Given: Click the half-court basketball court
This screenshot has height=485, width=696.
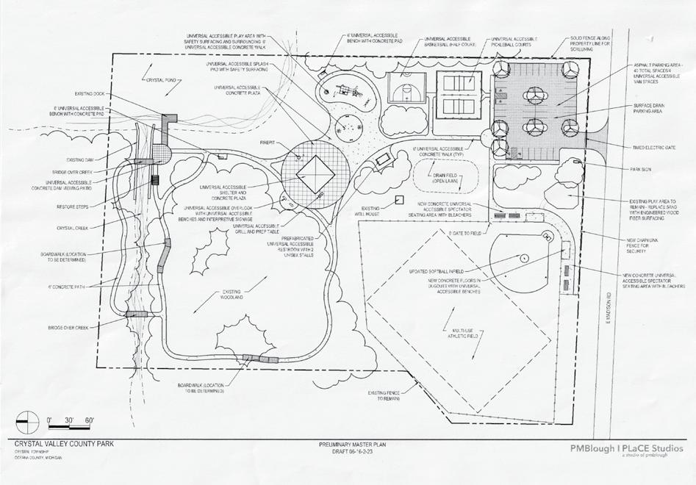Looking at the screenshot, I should coord(405,91).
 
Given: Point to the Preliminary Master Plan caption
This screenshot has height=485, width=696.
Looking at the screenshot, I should coord(348,446).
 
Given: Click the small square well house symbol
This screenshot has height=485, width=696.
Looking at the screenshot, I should coord(398,199).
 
